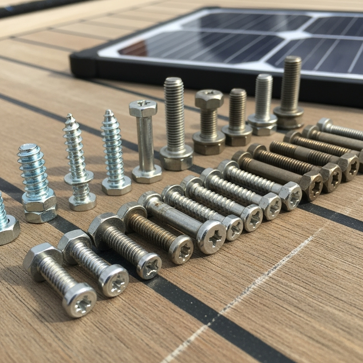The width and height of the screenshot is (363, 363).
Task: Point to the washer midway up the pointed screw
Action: [x=79, y=177]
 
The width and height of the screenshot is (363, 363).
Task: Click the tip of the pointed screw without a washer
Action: [x=109, y=113]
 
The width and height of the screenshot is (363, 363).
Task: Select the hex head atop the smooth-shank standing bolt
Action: [x=143, y=108]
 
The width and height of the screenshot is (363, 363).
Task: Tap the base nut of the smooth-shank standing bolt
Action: [x=147, y=174]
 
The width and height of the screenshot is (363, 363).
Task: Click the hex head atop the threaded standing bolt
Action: [x=209, y=99]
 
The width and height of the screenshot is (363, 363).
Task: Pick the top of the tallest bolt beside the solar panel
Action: [x=292, y=60]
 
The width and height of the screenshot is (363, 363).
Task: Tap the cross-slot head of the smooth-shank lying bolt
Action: [x=212, y=237]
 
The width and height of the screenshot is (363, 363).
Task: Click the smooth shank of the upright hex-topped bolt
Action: [x=145, y=142]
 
